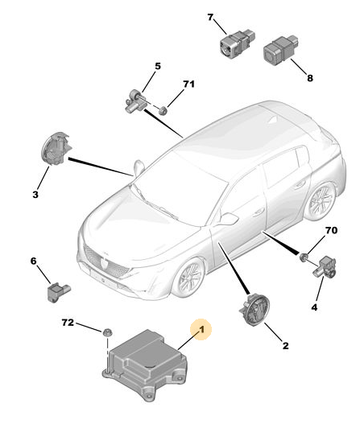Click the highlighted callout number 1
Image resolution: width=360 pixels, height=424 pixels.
pyautogui.click(x=201, y=330)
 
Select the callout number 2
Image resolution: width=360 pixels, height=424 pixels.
pyautogui.click(x=286, y=346)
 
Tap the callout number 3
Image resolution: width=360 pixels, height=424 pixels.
pyautogui.click(x=35, y=195)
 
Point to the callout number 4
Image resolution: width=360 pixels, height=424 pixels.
pyautogui.click(x=314, y=307)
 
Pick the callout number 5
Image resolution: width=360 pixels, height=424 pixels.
pyautogui.click(x=158, y=66)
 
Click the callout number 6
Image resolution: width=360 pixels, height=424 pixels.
pyautogui.click(x=33, y=261)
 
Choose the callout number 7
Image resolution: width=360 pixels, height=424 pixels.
pyautogui.click(x=210, y=18)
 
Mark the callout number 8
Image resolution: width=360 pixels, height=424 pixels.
pyautogui.click(x=310, y=78)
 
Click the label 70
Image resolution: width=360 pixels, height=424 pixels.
pyautogui.click(x=331, y=230)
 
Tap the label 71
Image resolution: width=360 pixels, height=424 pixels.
pyautogui.click(x=189, y=84)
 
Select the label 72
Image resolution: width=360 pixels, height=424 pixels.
pyautogui.click(x=68, y=323)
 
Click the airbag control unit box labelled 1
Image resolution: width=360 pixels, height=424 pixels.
pyautogui.click(x=145, y=364)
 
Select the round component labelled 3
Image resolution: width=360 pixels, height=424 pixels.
pyautogui.click(x=56, y=148)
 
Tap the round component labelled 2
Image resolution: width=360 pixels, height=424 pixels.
pyautogui.click(x=254, y=311)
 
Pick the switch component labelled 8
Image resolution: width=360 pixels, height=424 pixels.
pyautogui.click(x=282, y=51)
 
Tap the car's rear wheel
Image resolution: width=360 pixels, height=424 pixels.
pyautogui.click(x=321, y=201)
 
